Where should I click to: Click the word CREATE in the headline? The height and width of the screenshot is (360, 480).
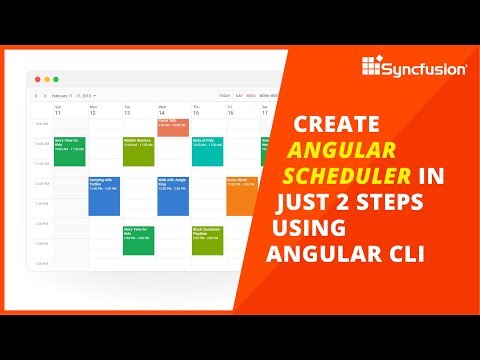tap(336, 125)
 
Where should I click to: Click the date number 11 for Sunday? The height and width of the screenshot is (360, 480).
tap(58, 113)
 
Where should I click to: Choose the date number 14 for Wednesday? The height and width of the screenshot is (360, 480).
tap(161, 113)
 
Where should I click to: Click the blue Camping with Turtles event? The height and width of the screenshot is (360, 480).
tap(104, 196)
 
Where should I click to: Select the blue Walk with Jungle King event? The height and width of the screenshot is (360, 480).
tap(172, 196)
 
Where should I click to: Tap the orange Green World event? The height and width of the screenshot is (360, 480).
tap(240, 196)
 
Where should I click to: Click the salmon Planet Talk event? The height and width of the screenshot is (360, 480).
tap(172, 126)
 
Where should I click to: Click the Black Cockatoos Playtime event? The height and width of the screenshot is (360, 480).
tap(206, 240)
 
